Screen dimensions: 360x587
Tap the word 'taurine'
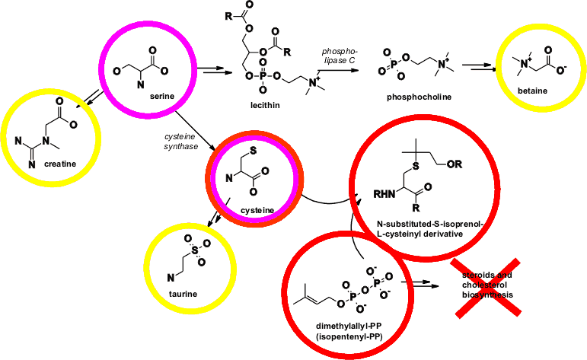pyautogui.click(x=183, y=293)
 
